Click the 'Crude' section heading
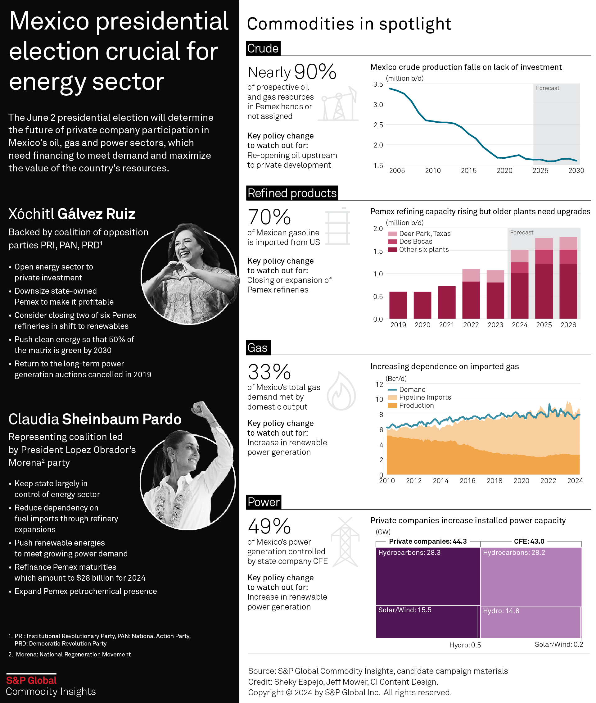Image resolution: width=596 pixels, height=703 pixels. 263,48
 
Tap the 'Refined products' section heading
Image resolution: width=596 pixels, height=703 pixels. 292,193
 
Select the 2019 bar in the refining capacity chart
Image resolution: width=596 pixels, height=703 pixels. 398,305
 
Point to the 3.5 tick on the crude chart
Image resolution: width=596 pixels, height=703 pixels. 378,84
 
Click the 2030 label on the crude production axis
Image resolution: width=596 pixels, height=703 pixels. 576,171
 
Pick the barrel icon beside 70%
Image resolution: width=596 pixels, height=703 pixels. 338,226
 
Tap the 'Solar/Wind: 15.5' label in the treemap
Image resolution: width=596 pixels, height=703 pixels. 405,610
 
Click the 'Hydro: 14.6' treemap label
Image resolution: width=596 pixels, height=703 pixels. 501,611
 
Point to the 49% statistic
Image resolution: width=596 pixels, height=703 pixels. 269,527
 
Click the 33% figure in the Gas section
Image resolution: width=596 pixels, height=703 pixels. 269,372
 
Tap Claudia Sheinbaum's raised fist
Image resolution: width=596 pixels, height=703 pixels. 199,409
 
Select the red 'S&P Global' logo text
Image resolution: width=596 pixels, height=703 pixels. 31,680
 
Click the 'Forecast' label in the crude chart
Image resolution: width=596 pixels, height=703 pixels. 547,88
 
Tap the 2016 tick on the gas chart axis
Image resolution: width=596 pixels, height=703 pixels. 467,481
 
